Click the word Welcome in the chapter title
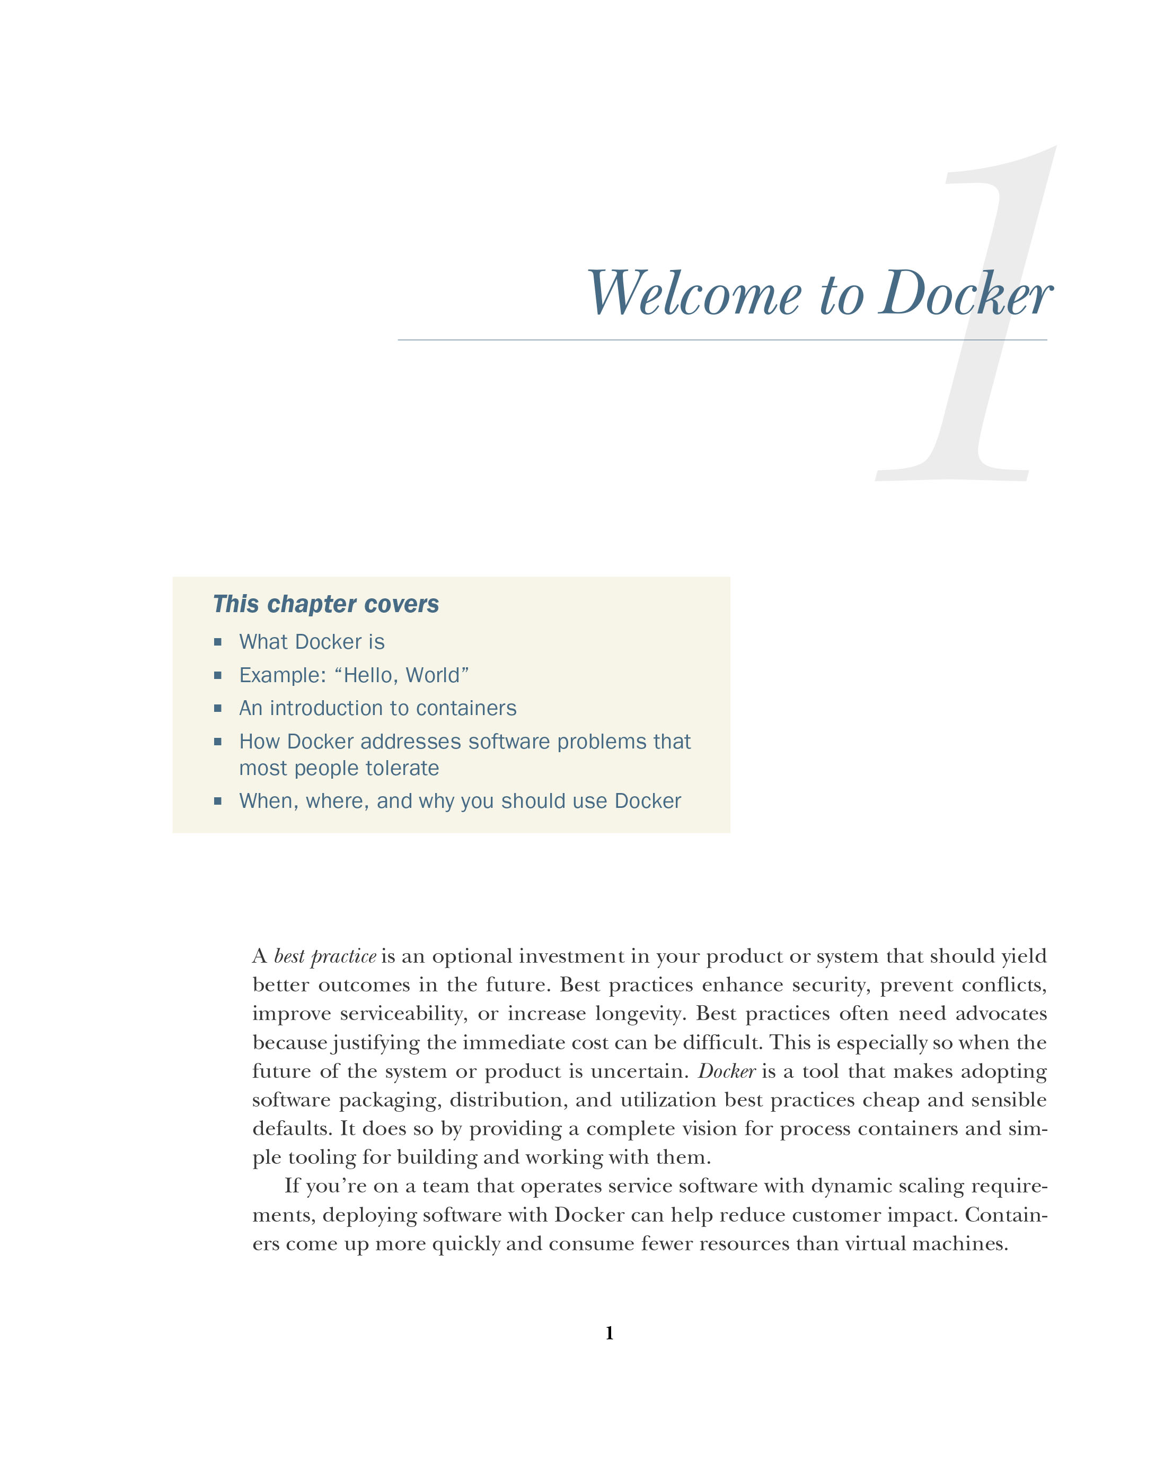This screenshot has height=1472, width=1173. tap(693, 295)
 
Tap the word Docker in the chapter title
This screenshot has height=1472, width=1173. tap(966, 295)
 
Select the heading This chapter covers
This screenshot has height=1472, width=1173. tap(325, 604)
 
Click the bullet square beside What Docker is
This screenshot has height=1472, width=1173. tap(218, 642)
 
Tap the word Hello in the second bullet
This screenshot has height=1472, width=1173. tap(368, 675)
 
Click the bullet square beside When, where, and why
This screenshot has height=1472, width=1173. tap(218, 801)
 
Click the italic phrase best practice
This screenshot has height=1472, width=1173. tap(325, 956)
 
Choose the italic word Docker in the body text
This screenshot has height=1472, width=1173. tap(726, 1071)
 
